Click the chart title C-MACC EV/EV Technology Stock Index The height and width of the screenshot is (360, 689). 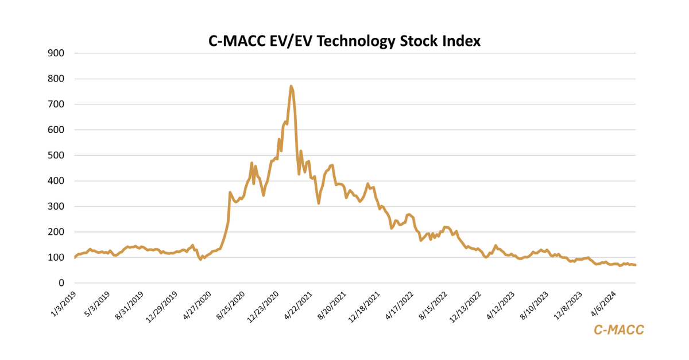pyautogui.click(x=344, y=41)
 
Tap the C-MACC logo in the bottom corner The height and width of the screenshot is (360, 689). pyautogui.click(x=618, y=330)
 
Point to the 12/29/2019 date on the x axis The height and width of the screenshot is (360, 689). pyautogui.click(x=161, y=305)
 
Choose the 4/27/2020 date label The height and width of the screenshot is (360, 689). pyautogui.click(x=196, y=304)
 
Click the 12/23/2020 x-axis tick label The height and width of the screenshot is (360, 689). pyautogui.click(x=264, y=305)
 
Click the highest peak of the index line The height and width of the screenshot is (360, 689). pyautogui.click(x=291, y=86)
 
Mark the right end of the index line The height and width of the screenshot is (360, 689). pyautogui.click(x=635, y=265)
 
